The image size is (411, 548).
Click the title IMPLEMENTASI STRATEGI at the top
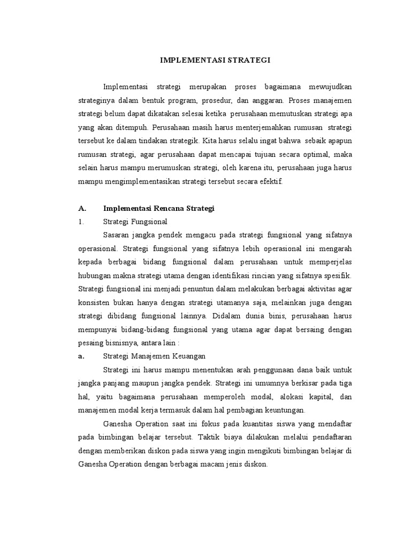[216, 60]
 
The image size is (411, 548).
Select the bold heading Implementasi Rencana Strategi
[158, 209]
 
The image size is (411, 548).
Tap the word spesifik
[336, 275]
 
